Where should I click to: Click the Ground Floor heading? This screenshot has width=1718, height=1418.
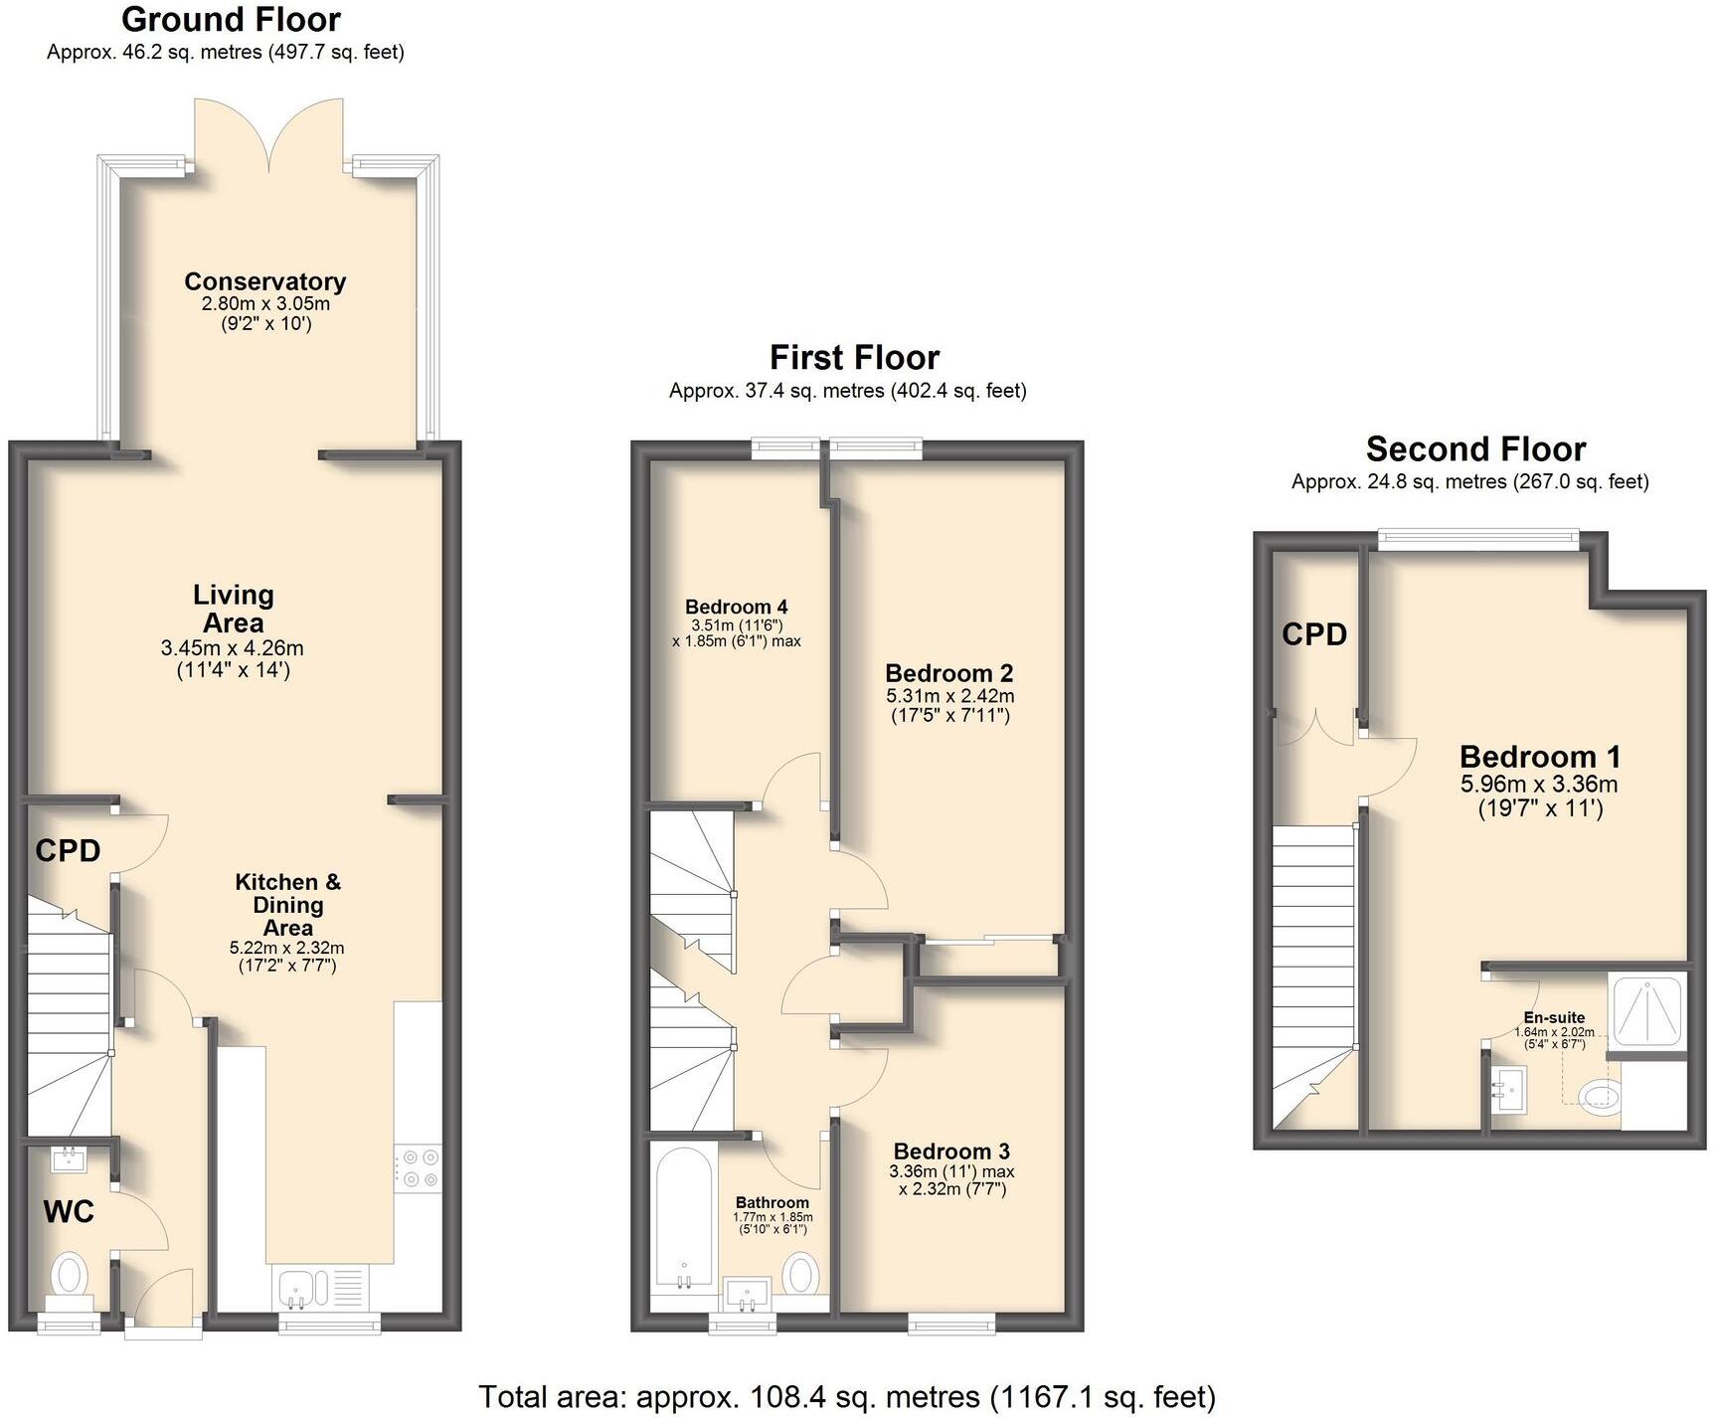pyautogui.click(x=231, y=20)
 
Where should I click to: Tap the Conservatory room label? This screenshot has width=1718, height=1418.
pyautogui.click(x=264, y=281)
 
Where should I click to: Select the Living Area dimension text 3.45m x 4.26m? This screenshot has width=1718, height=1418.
pyautogui.click(x=232, y=648)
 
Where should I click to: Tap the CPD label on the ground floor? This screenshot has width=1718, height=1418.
pyautogui.click(x=68, y=851)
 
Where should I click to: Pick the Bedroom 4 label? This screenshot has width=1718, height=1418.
pyautogui.click(x=736, y=607)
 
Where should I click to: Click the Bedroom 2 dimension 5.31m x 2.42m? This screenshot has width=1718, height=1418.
pyautogui.click(x=949, y=696)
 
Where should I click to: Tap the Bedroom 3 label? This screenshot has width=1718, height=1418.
pyautogui.click(x=951, y=1152)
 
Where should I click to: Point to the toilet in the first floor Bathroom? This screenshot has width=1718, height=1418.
pyautogui.click(x=801, y=1272)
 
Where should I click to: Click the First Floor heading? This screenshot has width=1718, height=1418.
pyautogui.click(x=854, y=358)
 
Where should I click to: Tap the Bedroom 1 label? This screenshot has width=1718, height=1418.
pyautogui.click(x=1539, y=757)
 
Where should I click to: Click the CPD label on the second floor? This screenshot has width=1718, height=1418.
pyautogui.click(x=1313, y=634)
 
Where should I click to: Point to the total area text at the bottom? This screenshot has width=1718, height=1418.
pyautogui.click(x=847, y=1397)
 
